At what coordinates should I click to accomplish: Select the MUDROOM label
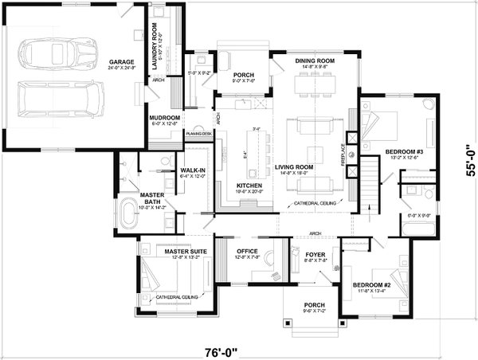165,118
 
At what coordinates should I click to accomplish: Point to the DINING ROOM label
314,61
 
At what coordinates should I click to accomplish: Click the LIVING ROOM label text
294,167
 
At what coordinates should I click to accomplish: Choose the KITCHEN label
249,185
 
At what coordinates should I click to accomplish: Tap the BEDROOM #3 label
402,151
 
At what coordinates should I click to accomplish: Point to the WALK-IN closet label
194,170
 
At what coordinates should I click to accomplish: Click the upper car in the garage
52,54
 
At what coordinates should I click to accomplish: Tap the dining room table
314,84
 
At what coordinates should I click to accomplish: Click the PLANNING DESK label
198,134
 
